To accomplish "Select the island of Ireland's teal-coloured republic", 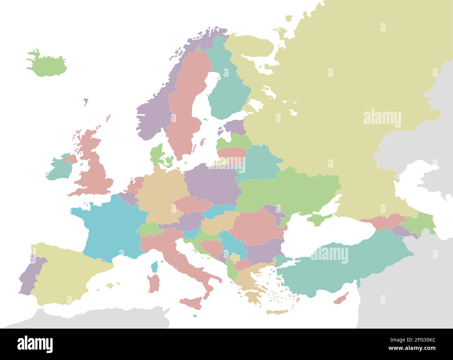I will click(x=59, y=170).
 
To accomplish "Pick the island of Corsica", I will click(x=154, y=267).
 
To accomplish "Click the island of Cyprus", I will click(x=341, y=299).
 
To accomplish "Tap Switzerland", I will click(x=148, y=229).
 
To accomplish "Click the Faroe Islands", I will click(x=85, y=102).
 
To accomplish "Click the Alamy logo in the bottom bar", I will click(x=35, y=344).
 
